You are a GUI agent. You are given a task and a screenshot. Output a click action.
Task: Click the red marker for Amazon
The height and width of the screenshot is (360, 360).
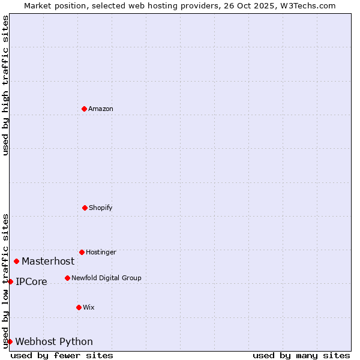85,109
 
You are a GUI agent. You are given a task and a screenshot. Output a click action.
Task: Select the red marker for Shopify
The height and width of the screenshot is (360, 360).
85,208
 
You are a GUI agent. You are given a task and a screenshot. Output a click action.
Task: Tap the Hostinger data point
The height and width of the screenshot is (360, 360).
82,252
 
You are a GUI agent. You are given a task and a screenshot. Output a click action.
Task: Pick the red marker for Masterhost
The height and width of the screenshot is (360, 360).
16,261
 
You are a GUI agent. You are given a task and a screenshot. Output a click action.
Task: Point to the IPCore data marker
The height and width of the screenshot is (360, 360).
10,281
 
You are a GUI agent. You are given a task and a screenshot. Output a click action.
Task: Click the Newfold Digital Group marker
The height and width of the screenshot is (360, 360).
67,278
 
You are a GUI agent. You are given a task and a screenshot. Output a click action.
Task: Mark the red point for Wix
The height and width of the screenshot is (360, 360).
79,307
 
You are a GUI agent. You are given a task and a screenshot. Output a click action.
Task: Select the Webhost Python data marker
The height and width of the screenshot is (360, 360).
10,341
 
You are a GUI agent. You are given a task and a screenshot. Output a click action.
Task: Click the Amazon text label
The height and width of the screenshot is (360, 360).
101,109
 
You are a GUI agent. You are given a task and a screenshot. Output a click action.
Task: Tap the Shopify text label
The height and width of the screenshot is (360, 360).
101,208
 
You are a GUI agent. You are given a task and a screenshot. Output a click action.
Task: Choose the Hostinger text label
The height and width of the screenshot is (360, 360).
101,252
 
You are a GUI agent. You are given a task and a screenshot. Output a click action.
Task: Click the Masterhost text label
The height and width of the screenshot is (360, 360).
48,261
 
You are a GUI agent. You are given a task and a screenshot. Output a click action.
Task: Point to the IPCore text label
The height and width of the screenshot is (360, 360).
31,281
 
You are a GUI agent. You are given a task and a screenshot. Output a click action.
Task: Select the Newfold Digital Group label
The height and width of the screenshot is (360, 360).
106,278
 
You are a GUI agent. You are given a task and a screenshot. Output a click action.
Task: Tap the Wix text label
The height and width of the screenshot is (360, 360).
89,307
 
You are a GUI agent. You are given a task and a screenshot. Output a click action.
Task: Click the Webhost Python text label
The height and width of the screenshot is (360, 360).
54,341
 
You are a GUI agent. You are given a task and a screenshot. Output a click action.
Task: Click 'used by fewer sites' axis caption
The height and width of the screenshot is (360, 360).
62,355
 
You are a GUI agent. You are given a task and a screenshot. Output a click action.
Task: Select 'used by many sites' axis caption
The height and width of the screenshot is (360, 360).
301,355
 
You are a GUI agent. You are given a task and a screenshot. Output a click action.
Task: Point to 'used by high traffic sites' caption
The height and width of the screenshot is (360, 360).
5,85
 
